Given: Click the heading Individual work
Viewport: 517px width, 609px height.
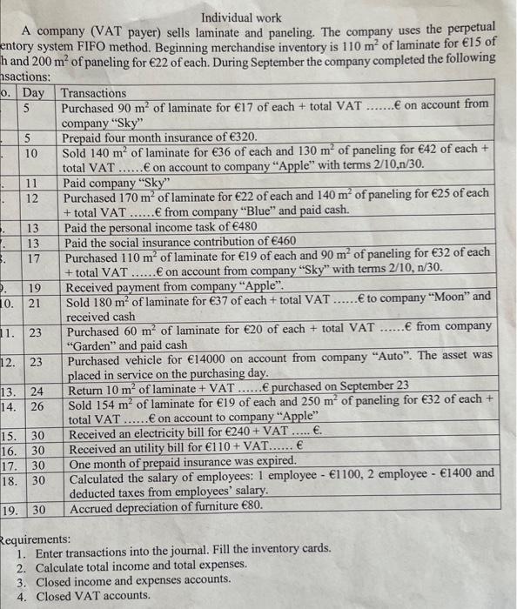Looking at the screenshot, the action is click(x=241, y=17).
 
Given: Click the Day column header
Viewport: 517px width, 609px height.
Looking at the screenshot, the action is click(x=34, y=93).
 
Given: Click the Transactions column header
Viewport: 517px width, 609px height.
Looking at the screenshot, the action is click(x=94, y=93).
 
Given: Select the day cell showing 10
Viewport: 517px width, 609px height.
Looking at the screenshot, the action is click(x=30, y=152).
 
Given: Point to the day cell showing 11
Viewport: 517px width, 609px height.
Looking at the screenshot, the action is click(x=30, y=183).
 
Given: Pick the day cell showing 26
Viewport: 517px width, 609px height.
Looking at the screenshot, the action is click(x=37, y=405).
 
